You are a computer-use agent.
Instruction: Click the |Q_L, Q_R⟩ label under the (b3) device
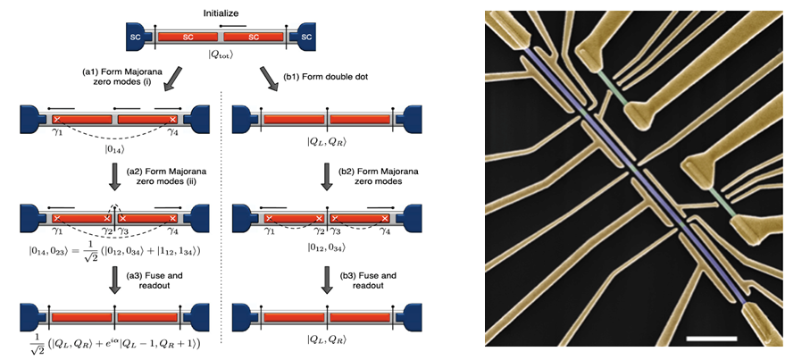pos(326,339)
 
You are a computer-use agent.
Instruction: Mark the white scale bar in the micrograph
pos(713,338)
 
